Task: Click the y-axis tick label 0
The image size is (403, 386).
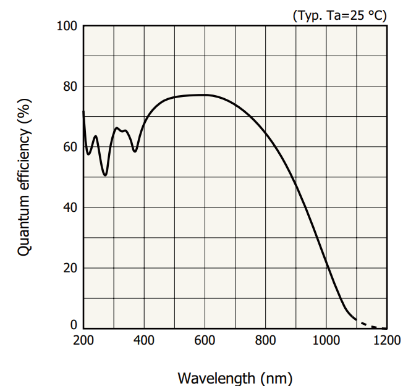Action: tap(73, 325)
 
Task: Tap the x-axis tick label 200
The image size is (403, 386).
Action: tap(83, 340)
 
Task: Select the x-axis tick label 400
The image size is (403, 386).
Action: tap(144, 340)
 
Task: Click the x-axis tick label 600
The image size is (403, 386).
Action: tap(205, 340)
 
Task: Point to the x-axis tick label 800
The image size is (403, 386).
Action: tap(265, 340)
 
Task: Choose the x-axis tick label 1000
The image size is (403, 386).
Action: tap(326, 340)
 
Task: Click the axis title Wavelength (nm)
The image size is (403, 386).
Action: tap(235, 377)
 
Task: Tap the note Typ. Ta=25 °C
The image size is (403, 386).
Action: tap(339, 15)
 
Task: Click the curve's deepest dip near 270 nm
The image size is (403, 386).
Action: tap(105, 175)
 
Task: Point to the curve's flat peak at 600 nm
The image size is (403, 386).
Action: tap(205, 94)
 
